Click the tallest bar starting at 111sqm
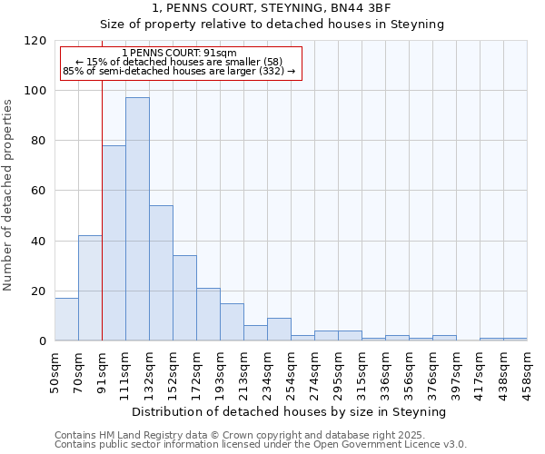(x=137, y=219)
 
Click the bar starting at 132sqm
(x=161, y=272)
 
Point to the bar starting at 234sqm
(x=279, y=330)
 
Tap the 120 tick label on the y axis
(x=35, y=41)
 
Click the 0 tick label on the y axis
(x=43, y=341)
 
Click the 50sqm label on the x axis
(x=54, y=370)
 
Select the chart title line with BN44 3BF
(x=272, y=8)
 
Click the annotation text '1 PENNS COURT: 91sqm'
(x=179, y=53)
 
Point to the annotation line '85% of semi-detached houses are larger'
(x=179, y=71)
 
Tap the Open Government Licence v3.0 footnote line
(x=261, y=445)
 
